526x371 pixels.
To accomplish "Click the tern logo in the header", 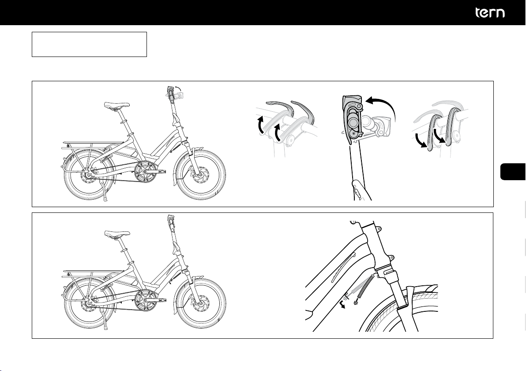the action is [x=490, y=13].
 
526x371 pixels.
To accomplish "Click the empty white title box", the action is [x=89, y=44].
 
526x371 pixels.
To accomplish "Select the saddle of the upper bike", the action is [x=116, y=105].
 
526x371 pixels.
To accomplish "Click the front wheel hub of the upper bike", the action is [x=201, y=175].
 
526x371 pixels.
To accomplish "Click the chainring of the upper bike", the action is [x=145, y=171].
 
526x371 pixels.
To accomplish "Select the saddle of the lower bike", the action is [x=117, y=234].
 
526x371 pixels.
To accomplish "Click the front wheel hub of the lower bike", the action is [x=201, y=303].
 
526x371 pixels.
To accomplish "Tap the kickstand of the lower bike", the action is [x=104, y=318].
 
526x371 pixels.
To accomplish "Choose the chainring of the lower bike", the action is [x=145, y=299].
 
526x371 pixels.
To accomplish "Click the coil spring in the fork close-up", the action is [x=365, y=287].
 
